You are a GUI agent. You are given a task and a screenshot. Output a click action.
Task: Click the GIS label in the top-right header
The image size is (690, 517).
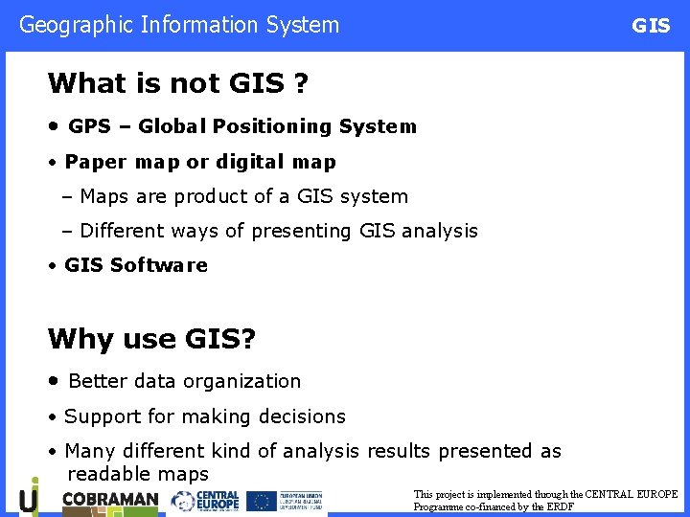click(651, 27)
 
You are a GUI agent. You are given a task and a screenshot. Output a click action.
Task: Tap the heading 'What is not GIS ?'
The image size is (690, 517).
click(177, 83)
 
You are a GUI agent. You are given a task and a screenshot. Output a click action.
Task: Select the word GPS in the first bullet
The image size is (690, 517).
click(90, 126)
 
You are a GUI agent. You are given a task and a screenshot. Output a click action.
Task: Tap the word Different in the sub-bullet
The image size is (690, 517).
click(122, 231)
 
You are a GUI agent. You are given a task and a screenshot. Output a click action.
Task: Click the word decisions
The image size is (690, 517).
click(300, 416)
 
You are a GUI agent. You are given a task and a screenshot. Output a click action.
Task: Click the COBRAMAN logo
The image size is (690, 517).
click(109, 500)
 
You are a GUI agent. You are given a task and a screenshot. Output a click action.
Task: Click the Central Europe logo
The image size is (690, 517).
click(205, 501)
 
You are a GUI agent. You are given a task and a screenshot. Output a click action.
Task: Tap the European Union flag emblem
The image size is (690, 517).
click(262, 501)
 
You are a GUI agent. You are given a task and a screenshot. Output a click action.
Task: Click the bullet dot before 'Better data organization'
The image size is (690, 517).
click(55, 381)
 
